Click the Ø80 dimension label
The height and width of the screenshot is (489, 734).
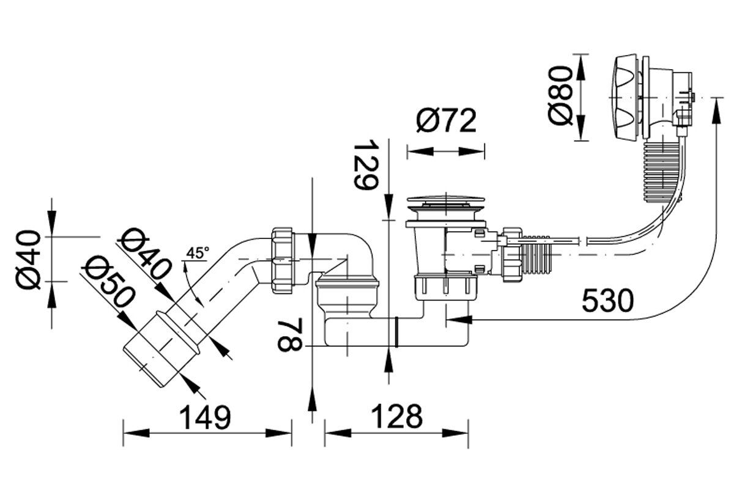click(560, 97)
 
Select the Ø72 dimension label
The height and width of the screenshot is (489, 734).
click(447, 120)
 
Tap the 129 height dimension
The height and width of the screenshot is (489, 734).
click(366, 165)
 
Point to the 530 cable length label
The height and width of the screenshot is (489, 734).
click(608, 301)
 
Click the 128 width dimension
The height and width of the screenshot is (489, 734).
click(397, 417)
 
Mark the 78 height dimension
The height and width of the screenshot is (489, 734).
click(290, 336)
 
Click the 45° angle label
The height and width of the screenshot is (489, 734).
click(197, 253)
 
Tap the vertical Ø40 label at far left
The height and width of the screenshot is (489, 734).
click(29, 260)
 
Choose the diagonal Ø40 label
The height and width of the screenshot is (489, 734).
click(144, 254)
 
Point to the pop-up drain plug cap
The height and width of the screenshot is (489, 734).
click(446, 200)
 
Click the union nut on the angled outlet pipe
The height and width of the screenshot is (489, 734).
click(282, 262)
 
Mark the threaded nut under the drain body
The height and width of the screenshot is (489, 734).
click(446, 288)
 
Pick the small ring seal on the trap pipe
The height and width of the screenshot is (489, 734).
click(396, 332)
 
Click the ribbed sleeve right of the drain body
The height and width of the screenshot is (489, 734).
click(535, 254)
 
